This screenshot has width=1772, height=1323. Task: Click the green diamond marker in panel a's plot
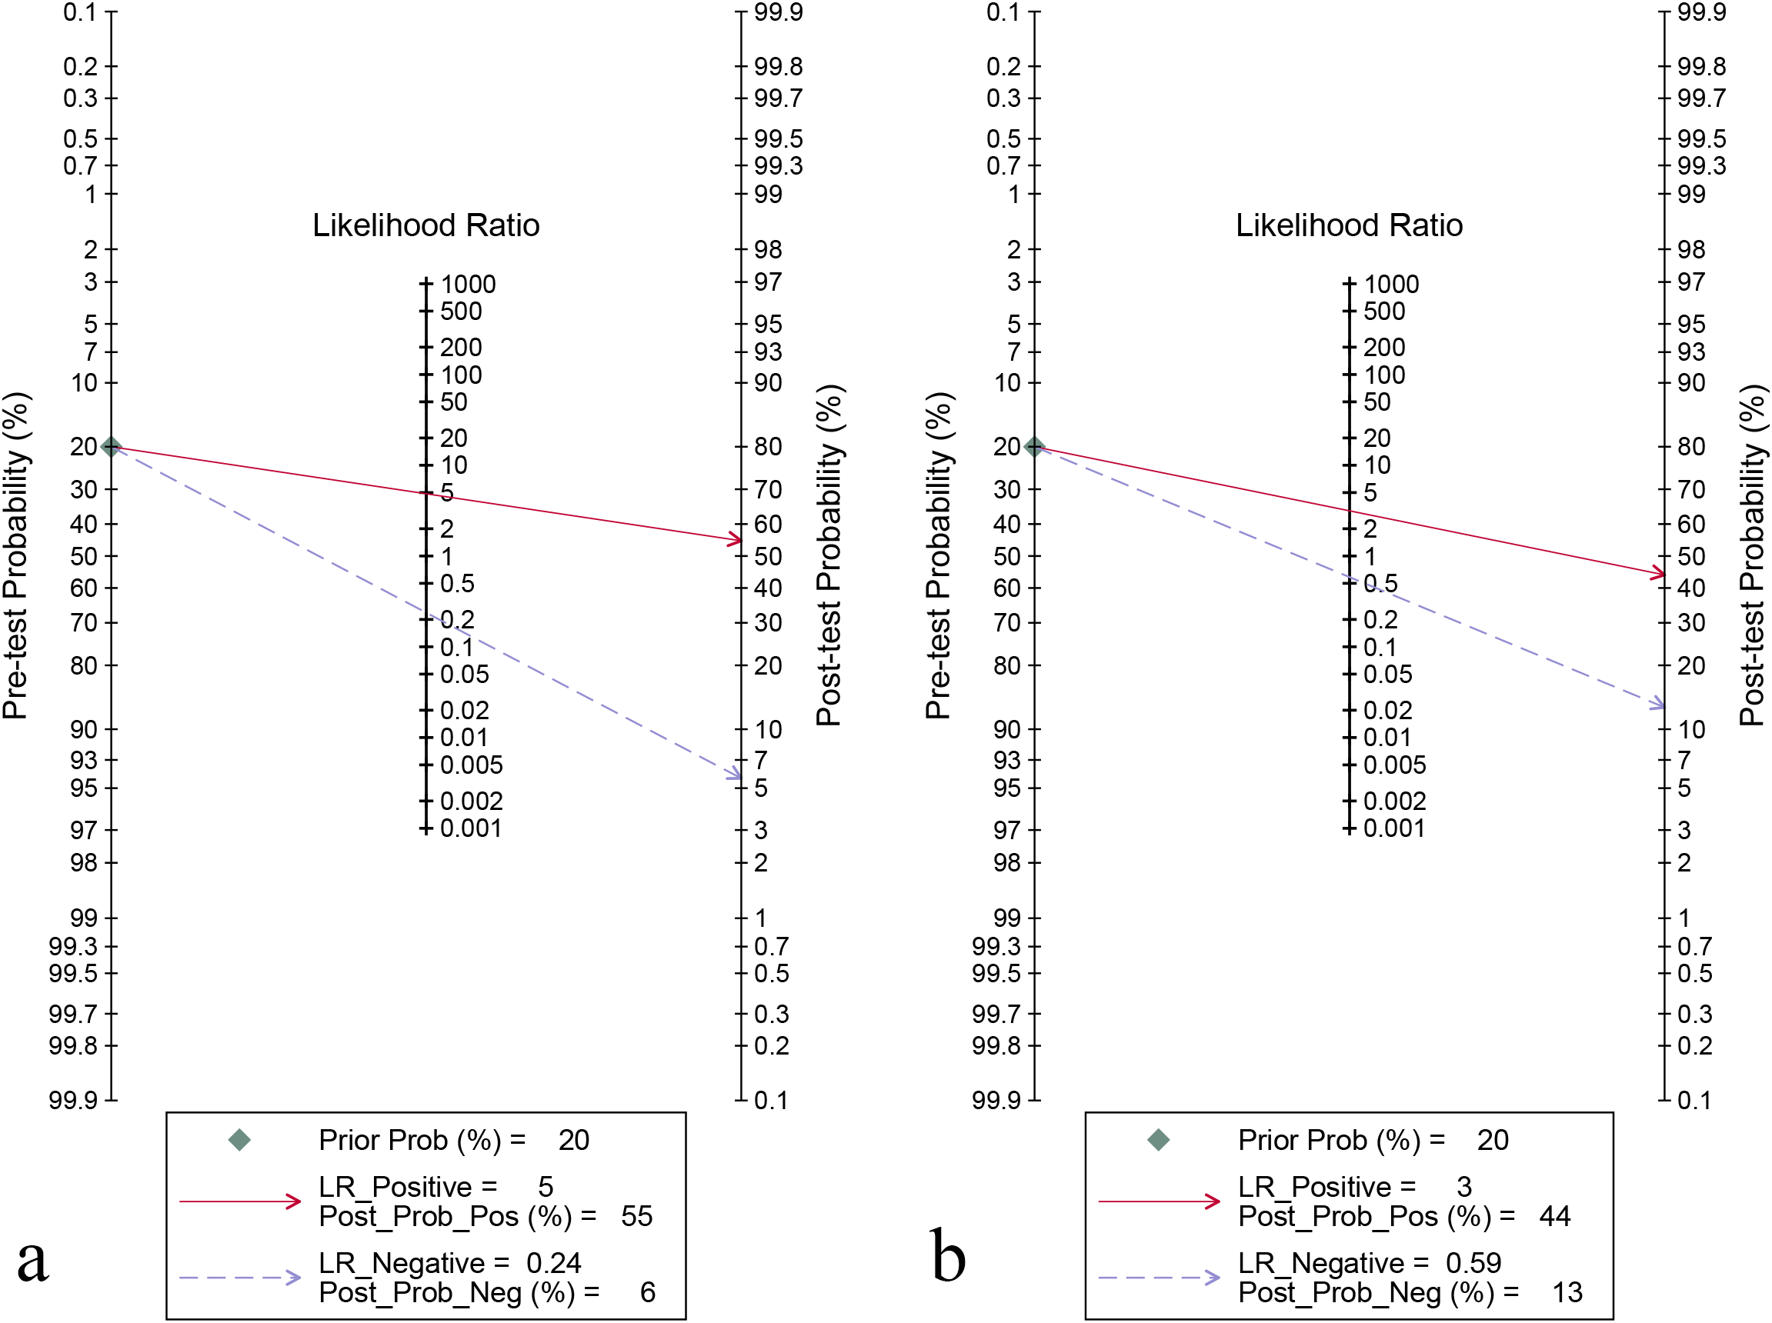coord(112,446)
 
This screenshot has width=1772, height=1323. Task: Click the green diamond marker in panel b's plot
coord(1034,446)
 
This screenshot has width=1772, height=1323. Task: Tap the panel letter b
coord(949,1256)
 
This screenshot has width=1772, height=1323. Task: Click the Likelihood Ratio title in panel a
coord(425,226)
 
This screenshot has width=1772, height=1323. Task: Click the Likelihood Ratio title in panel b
coord(1349,226)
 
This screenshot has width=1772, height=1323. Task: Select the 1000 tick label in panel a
coord(468,285)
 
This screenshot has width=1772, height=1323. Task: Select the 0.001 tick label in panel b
coord(1394,828)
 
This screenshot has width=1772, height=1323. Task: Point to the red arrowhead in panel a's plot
coord(736,540)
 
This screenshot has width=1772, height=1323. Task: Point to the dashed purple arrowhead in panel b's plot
coord(1657,705)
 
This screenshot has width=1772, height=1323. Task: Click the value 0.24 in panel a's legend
coord(553,1263)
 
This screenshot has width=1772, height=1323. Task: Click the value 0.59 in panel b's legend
coord(1473,1263)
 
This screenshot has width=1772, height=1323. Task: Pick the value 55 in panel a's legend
coord(637,1217)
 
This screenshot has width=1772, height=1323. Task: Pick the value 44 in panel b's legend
coord(1555,1217)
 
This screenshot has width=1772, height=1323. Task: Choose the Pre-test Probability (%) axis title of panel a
coord(16,556)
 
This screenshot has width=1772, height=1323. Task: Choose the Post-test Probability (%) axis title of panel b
coord(1753,556)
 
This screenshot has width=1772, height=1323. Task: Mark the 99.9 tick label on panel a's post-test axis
coord(778,13)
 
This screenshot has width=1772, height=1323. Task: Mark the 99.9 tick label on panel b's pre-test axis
coord(996,1101)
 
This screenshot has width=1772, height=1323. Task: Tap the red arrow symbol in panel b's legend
coord(1158,1201)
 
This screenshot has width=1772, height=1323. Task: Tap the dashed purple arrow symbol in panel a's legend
coord(239,1278)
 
